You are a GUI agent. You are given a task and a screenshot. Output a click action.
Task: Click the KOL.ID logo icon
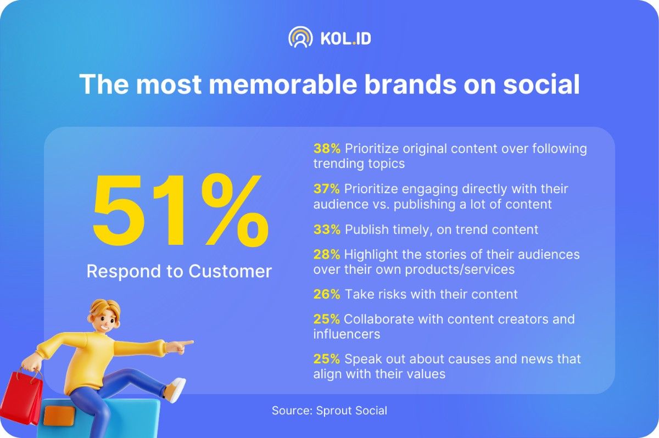pos(300,37)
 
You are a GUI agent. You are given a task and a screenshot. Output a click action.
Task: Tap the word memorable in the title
pos(283,85)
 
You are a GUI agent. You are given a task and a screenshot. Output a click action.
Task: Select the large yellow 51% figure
pos(181,210)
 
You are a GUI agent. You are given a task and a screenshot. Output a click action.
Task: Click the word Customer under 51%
pos(230,271)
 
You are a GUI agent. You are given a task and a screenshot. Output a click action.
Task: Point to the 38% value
pos(327,149)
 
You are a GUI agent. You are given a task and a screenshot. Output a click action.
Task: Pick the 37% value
pos(327,189)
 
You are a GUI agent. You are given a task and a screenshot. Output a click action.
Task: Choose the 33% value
pos(327,229)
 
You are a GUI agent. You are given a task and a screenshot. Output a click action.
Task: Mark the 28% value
pos(327,255)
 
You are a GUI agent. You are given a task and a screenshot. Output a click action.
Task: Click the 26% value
pos(327,294)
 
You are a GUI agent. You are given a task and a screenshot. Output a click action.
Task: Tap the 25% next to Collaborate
pos(327,319)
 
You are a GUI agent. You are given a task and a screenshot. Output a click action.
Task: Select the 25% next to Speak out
pos(327,359)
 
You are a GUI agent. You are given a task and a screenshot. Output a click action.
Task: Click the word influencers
pos(347,334)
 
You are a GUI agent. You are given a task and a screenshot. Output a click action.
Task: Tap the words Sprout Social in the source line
pos(351,411)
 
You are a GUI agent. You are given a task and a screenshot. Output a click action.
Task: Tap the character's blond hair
pos(105,308)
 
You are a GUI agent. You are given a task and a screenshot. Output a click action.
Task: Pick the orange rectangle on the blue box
pos(59,416)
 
